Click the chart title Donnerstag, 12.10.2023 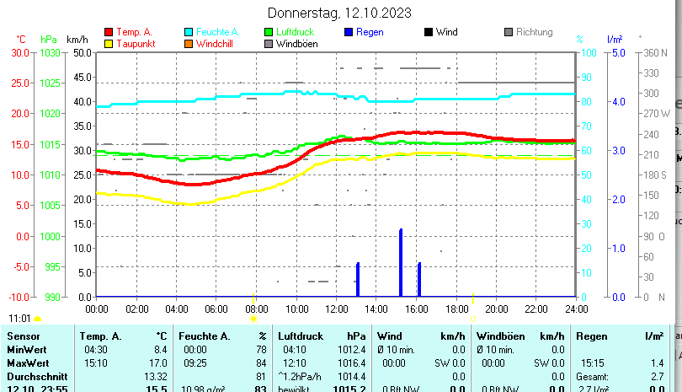click(x=339, y=13)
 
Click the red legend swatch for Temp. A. click(x=108, y=32)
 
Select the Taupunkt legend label click(x=135, y=44)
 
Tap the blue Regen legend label click(x=370, y=32)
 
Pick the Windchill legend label click(x=216, y=44)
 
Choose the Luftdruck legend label click(x=296, y=32)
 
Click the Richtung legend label click(x=534, y=32)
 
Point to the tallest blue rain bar click(x=401, y=262)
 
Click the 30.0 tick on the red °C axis click(x=20, y=52)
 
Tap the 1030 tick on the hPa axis click(x=50, y=52)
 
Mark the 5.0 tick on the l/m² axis click(x=615, y=52)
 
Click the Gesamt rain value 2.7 click(x=658, y=376)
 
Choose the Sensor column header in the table click(x=23, y=336)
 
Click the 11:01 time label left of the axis click(x=19, y=319)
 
